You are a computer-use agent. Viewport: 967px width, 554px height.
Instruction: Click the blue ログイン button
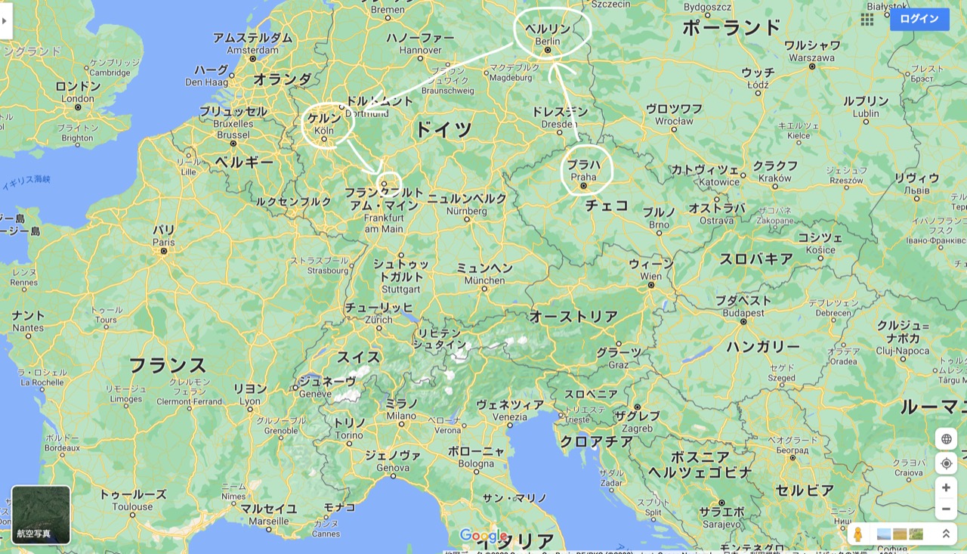919,19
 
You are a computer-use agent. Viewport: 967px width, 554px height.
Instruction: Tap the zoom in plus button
946,487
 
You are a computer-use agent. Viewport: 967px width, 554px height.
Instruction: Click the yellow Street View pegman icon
857,534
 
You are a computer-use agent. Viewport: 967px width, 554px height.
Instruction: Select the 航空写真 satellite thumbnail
41,515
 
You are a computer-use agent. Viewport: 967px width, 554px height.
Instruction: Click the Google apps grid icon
867,20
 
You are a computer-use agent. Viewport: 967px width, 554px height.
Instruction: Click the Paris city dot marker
163,251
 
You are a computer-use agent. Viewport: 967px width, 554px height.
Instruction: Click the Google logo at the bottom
483,537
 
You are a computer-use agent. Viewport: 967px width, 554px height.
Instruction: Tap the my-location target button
946,463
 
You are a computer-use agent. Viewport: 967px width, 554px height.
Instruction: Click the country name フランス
167,366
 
